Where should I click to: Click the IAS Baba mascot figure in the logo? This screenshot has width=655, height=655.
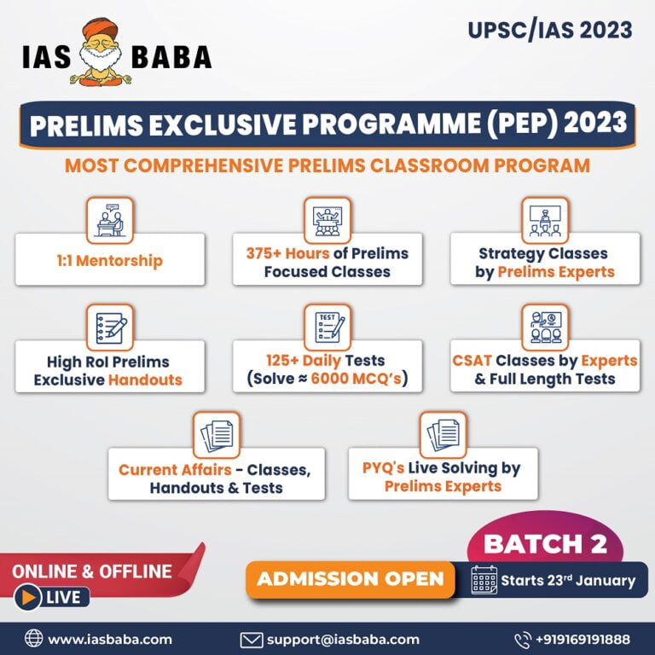(x=102, y=52)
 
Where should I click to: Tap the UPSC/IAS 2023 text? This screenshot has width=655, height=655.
(x=549, y=30)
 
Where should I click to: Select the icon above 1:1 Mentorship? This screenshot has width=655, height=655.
(x=109, y=220)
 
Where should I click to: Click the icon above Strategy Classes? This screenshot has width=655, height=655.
(x=545, y=220)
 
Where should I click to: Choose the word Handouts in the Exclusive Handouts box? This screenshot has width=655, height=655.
(x=145, y=380)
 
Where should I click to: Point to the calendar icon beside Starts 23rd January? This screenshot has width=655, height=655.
(x=484, y=581)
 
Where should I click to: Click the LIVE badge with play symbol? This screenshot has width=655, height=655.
(x=52, y=597)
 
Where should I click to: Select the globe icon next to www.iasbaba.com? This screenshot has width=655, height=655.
(x=33, y=638)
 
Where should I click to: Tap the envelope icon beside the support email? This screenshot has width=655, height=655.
(x=251, y=638)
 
